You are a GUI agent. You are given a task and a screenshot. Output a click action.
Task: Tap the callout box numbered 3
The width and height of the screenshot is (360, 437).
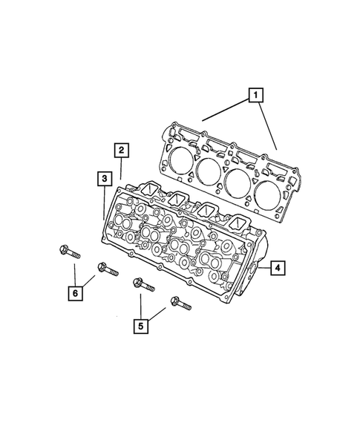(105, 178)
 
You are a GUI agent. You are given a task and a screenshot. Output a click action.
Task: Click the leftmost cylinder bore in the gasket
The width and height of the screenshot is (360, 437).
(180, 160)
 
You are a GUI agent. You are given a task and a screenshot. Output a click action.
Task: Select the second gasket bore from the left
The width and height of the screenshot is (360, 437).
(209, 171)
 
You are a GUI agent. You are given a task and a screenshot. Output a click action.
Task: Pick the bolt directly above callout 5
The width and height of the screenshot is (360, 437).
(141, 285)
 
